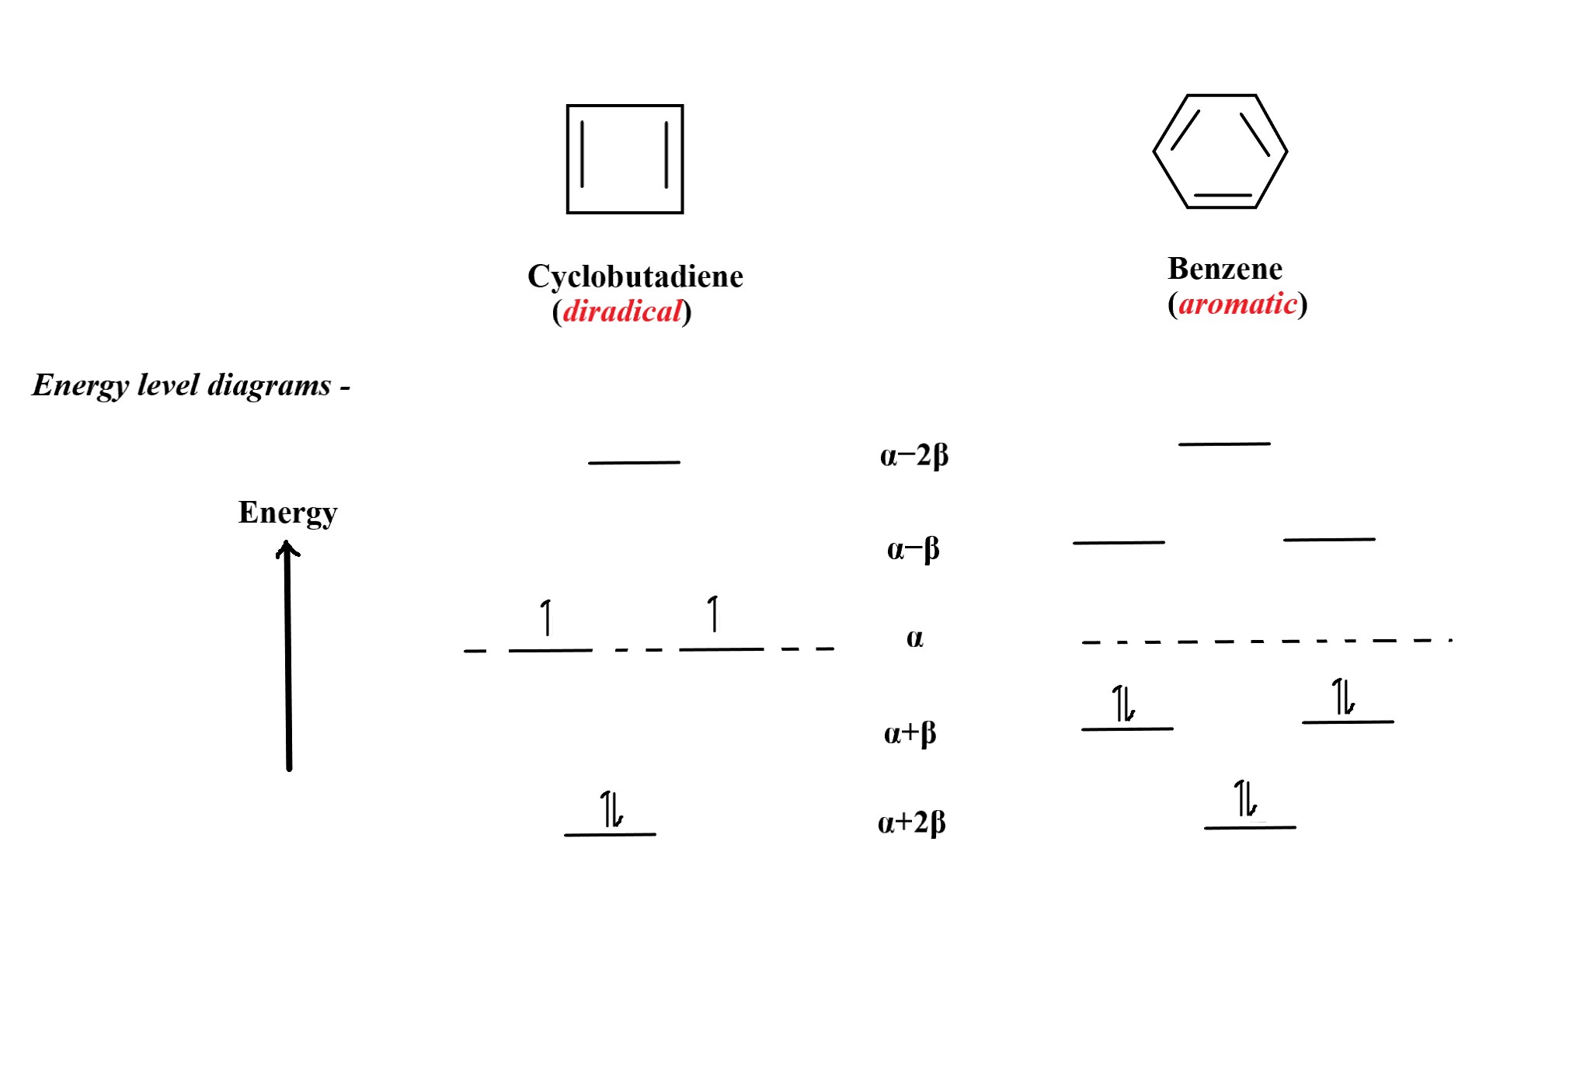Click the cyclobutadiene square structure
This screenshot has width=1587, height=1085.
tap(625, 159)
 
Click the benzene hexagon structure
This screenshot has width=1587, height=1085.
tap(1220, 151)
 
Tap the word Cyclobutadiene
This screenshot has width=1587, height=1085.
tap(635, 276)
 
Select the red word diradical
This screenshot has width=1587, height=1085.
tap(621, 311)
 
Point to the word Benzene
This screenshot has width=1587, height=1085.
tap(1225, 269)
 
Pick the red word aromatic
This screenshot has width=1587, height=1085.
tap(1237, 304)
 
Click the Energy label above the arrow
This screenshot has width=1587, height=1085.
tap(287, 513)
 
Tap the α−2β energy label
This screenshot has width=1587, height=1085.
tap(914, 455)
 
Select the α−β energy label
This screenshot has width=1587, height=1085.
tap(913, 549)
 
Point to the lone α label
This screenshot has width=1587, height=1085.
tap(914, 638)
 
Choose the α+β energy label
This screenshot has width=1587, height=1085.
tap(910, 732)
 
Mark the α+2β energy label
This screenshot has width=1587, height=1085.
tap(911, 822)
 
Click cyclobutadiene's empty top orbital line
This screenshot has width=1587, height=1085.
tap(634, 463)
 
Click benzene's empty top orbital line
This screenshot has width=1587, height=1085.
tap(1224, 444)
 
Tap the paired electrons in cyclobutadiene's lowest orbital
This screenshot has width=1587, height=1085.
tap(611, 809)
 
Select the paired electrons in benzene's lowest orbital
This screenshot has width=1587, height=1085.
tap(1245, 799)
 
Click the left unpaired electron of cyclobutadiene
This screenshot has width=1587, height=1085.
tap(547, 617)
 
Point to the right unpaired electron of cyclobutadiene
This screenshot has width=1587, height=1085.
tap(713, 614)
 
